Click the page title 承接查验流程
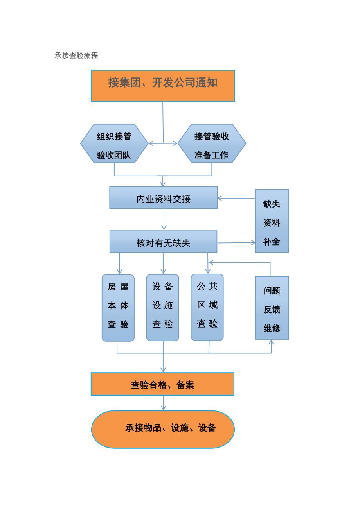pos(76,56)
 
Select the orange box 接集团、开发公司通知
pos(163,86)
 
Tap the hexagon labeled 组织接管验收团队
pos(114,143)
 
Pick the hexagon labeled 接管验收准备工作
pos(212,143)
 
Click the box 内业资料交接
pos(163,198)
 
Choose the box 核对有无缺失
pos(163,242)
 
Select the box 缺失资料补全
pos(272,221)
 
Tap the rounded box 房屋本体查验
pos(118,308)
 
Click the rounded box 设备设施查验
pos(163,307)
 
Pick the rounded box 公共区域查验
pos(207,307)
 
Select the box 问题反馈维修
pos(272,308)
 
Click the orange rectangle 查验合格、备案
pos(162,384)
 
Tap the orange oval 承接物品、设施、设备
pos(163,429)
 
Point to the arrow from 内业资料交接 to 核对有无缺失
pos(164,219)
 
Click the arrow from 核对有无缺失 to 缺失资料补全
pos(236,243)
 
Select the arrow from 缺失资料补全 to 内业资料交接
pos(236,198)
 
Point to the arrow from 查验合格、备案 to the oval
pos(163,403)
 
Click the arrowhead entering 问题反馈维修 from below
pos(271,342)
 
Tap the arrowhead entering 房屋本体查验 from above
pos(119,272)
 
